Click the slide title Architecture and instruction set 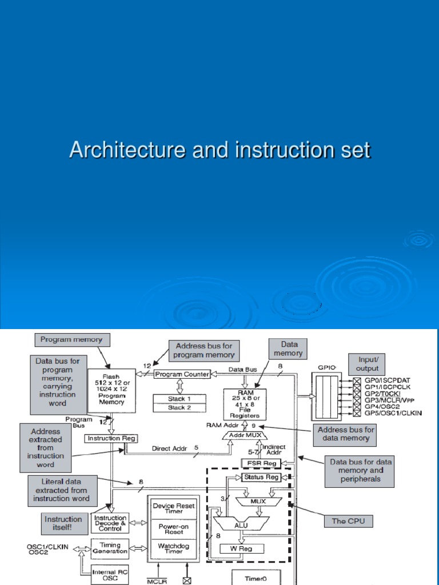point(219,150)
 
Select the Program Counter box point(182,374)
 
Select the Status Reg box point(261,476)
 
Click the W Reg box point(242,549)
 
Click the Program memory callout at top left point(71,340)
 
